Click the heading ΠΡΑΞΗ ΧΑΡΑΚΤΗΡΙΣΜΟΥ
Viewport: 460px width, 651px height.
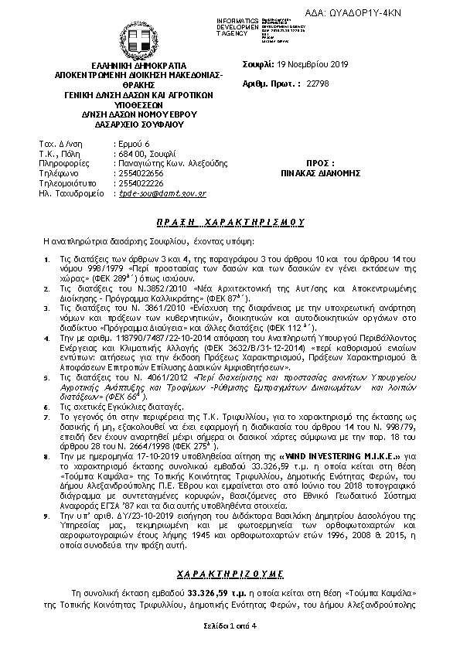coord(230,220)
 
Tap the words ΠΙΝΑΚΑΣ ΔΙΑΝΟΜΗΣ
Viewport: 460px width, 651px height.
coord(320,174)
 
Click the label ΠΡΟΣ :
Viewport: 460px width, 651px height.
coord(320,164)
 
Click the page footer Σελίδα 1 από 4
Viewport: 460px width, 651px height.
coord(230,623)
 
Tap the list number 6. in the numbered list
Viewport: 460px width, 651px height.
coord(46,426)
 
